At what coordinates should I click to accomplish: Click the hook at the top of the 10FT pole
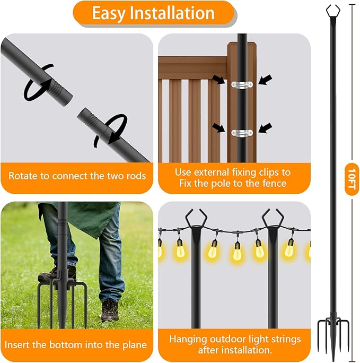(x=333, y=10)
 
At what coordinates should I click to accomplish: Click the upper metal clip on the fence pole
(x=242, y=83)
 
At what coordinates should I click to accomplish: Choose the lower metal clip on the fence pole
(x=242, y=132)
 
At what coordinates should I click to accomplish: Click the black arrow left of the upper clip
(x=218, y=80)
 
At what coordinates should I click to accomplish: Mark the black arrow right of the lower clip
(x=266, y=128)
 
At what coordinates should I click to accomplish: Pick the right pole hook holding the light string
(x=272, y=220)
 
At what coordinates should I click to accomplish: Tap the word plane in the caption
(x=133, y=344)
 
